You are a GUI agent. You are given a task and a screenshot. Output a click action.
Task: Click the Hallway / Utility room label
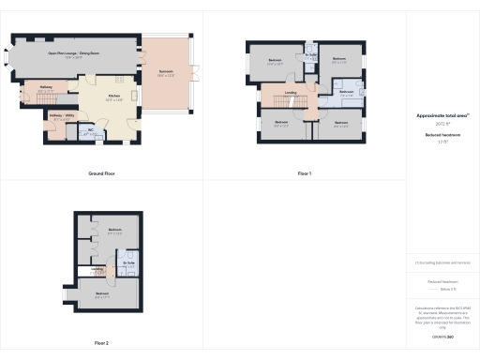tap(61, 118)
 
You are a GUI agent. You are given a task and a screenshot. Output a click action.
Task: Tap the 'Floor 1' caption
tap(304, 173)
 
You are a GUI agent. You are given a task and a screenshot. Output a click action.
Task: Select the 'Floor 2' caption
tap(101, 342)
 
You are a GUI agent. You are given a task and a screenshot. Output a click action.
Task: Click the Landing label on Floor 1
tap(292, 92)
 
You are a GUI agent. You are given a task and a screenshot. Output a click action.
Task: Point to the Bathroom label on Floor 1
tap(346, 91)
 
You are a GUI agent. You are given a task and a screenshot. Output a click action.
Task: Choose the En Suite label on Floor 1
tap(309, 55)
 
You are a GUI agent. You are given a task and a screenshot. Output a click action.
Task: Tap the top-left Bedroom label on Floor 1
tap(276, 61)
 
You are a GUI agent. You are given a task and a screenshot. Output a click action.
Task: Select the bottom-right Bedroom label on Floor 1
tap(340, 123)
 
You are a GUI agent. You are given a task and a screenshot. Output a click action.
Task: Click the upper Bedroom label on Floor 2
tap(115, 230)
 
